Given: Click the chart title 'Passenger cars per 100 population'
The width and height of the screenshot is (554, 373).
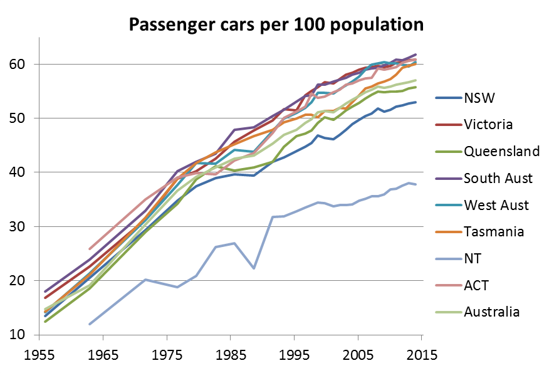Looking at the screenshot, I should click(276, 25).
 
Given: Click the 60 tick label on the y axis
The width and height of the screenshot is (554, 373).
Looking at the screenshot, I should click(15, 64).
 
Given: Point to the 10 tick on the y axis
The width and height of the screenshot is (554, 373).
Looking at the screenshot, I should click(15, 335).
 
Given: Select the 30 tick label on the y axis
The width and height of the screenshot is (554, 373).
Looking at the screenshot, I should click(15, 226).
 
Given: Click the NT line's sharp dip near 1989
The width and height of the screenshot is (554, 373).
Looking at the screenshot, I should click(254, 268).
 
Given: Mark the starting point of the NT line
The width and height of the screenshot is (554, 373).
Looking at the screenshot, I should click(90, 324).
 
